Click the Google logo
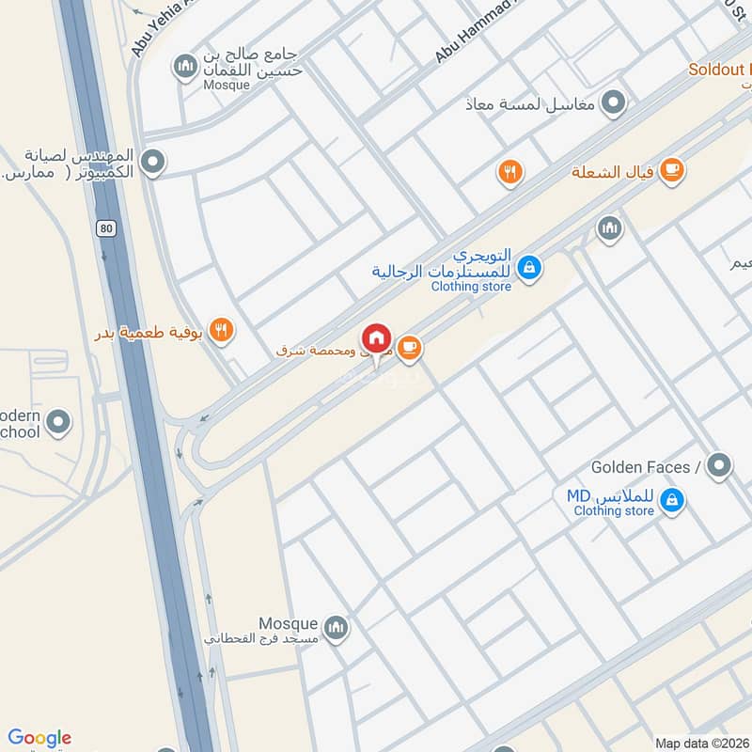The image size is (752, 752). [x=39, y=738]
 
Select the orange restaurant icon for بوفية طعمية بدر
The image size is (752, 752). [x=222, y=329]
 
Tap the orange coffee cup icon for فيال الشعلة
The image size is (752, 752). [x=671, y=170]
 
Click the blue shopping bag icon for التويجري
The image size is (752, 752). [x=530, y=268]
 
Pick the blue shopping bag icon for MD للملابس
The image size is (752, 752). [x=671, y=500]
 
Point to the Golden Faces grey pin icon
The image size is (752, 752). [x=719, y=464]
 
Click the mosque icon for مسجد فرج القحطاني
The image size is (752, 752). [x=336, y=627]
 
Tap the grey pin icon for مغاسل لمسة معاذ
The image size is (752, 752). [x=614, y=102]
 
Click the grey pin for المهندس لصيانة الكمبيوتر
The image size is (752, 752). [x=154, y=163]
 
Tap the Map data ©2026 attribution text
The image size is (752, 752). [x=702, y=743]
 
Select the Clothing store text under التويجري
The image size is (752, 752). [x=471, y=287]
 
